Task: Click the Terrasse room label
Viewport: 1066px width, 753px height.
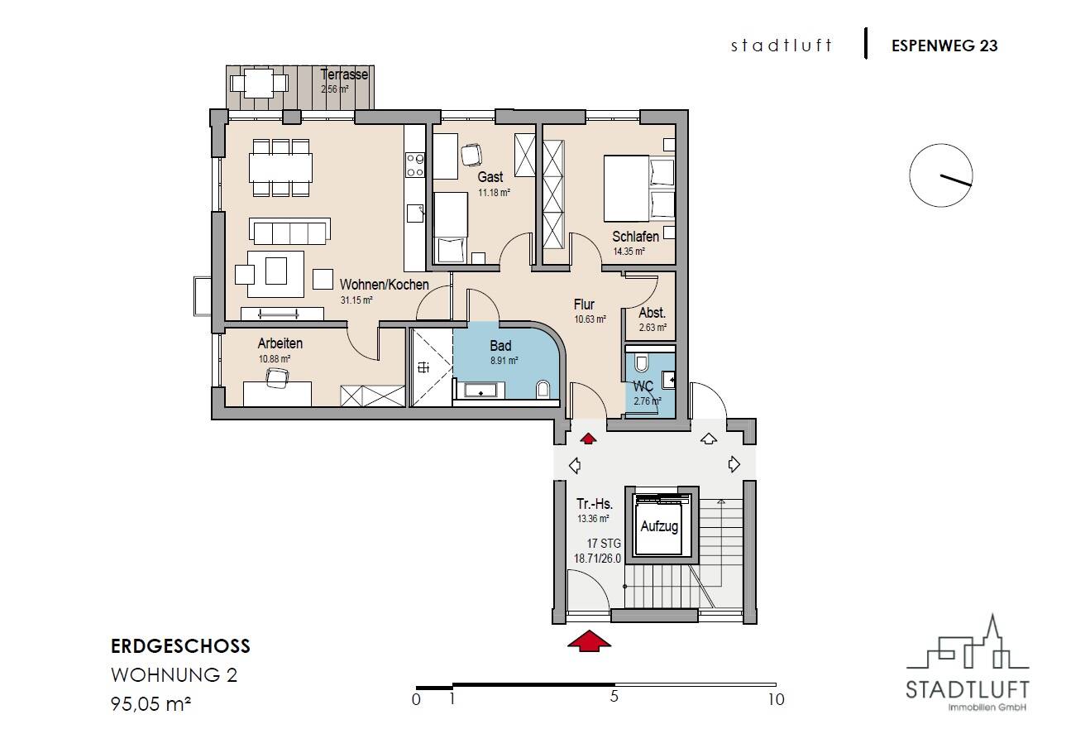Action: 344,74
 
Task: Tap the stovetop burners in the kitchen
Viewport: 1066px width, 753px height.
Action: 415,165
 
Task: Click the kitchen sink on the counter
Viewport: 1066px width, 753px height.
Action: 415,213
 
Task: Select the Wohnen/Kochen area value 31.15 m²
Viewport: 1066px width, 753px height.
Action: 356,300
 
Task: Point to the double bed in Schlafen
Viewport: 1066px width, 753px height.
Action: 639,188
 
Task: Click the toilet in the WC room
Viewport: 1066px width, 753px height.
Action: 642,363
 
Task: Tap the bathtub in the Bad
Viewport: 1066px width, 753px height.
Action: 480,390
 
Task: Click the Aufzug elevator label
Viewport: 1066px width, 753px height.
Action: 659,526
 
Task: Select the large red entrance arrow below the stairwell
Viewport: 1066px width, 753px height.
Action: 589,640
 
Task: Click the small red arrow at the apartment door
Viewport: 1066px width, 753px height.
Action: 589,439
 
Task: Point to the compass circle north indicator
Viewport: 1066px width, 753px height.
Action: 941,175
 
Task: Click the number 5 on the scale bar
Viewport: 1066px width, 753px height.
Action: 614,697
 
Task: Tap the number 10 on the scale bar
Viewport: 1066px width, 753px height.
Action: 776,699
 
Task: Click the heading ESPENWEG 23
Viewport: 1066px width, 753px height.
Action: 944,46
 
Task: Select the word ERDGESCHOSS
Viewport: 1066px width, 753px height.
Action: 180,646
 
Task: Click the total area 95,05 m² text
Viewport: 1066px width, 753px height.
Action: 151,703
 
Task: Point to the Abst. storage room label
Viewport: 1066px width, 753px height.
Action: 652,313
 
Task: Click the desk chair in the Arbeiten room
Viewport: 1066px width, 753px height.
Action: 276,377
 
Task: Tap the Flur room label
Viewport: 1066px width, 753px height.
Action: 584,305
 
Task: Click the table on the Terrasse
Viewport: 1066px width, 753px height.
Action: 258,84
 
